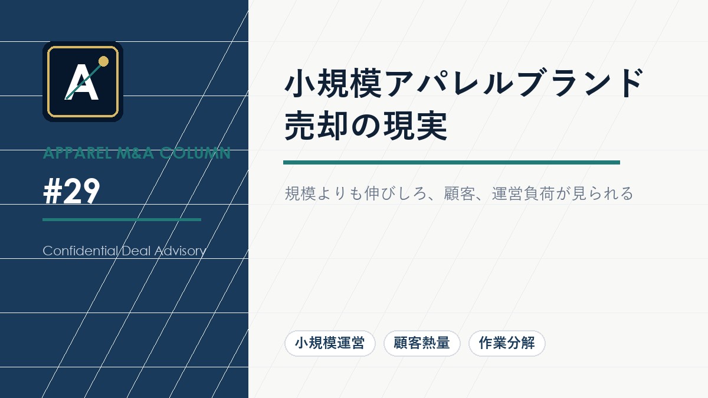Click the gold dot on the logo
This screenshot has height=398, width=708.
(x=103, y=61)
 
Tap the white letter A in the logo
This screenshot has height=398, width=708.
(x=81, y=83)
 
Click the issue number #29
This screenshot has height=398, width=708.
(x=71, y=192)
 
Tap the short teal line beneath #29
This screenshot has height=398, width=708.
(x=122, y=219)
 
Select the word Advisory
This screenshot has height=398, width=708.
(x=179, y=251)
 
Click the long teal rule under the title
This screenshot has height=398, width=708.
(x=451, y=162)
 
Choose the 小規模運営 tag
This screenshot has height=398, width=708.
(x=330, y=343)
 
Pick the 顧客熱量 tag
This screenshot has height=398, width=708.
(x=422, y=343)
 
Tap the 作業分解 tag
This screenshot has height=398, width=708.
(x=507, y=343)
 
